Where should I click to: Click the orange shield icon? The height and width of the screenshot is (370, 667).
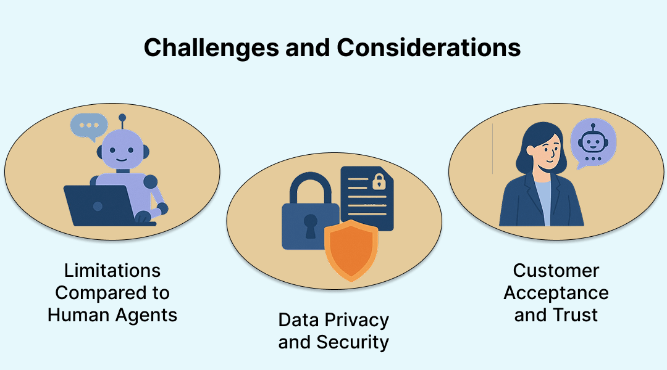tap(351, 250)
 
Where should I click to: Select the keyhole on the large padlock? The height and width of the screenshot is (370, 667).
tap(310, 226)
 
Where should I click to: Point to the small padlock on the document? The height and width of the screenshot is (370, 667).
tap(377, 181)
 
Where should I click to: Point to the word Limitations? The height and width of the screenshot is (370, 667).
tap(112, 271)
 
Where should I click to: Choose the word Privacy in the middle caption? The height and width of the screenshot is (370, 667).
tap(359, 320)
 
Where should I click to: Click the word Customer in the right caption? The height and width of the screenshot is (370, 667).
tap(556, 271)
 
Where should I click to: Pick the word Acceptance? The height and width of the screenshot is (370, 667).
tap(556, 293)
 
